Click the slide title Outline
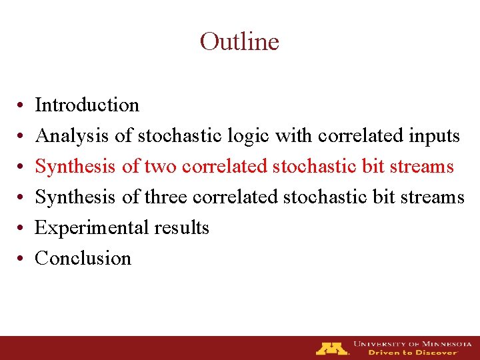click(x=239, y=42)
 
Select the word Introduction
click(x=87, y=105)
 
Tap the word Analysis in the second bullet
click(x=73, y=136)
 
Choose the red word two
click(x=159, y=167)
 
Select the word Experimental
click(x=92, y=228)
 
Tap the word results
click(x=181, y=228)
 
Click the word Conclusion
click(x=83, y=259)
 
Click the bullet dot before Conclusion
click(x=22, y=260)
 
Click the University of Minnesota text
click(x=412, y=344)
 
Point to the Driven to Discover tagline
click(x=413, y=353)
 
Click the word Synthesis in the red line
click(x=76, y=167)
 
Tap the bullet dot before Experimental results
click(x=22, y=229)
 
